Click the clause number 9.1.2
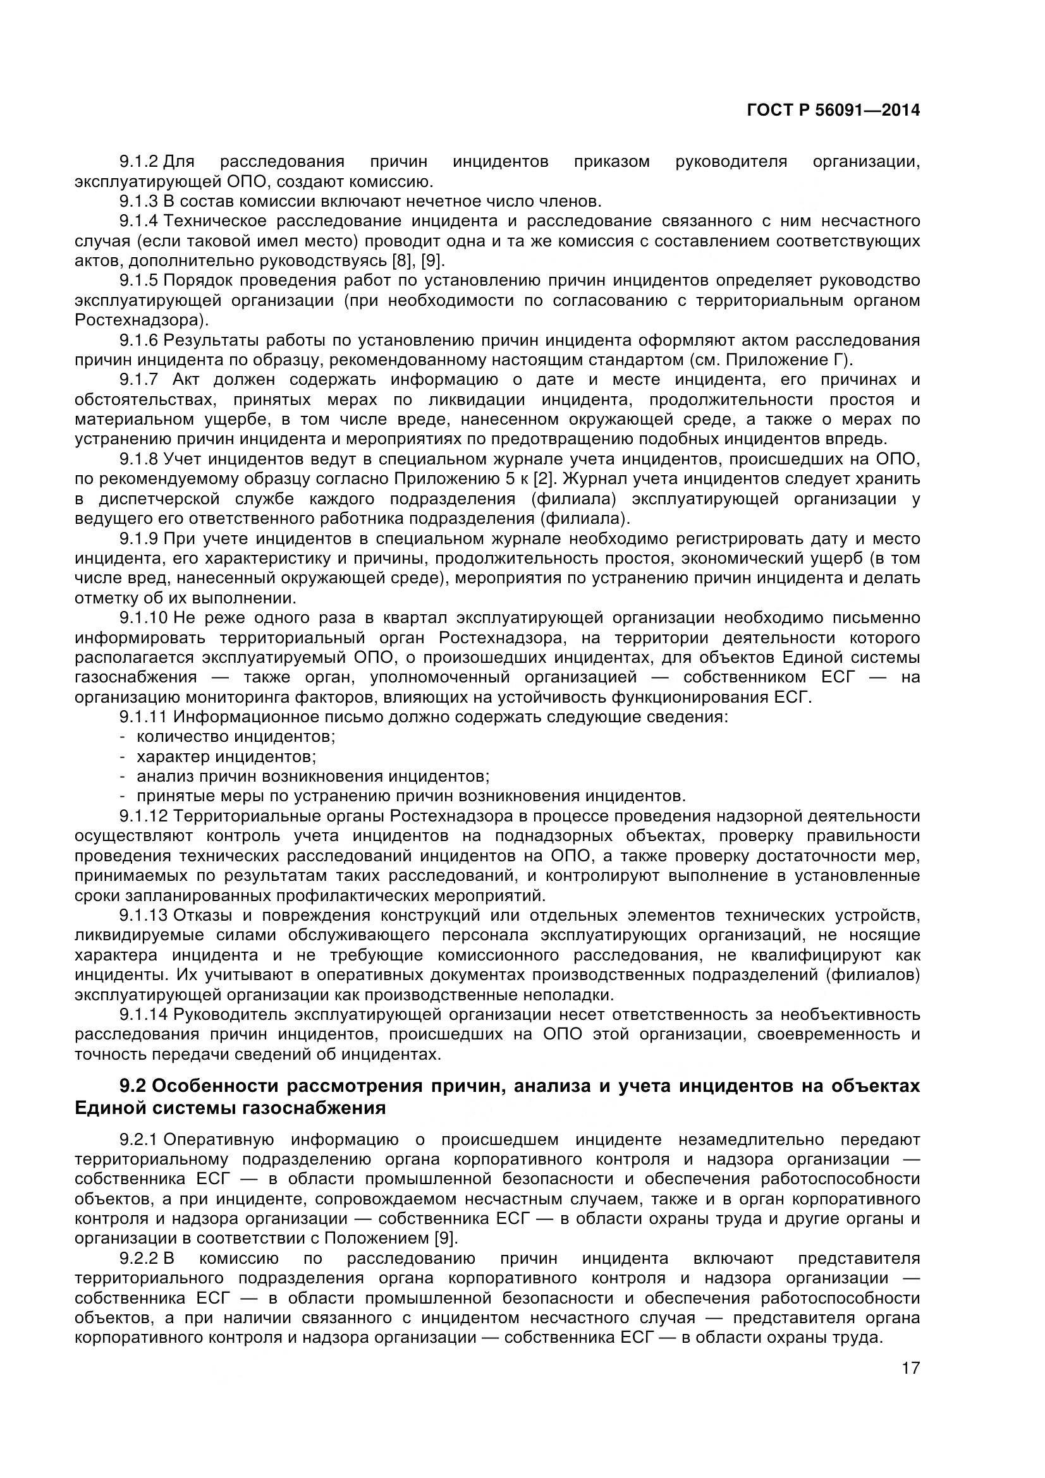tap(138, 162)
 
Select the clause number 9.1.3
tap(138, 202)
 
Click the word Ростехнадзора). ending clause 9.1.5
tap(142, 320)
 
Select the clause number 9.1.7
tap(138, 380)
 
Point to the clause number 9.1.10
tap(143, 618)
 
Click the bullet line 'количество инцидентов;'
tap(236, 736)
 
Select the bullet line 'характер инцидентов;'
tap(226, 756)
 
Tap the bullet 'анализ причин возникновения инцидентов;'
tap(313, 776)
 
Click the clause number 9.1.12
tap(143, 816)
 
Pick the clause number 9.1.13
tap(143, 915)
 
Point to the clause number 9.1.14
tap(143, 1015)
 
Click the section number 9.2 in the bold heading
tap(133, 1086)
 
